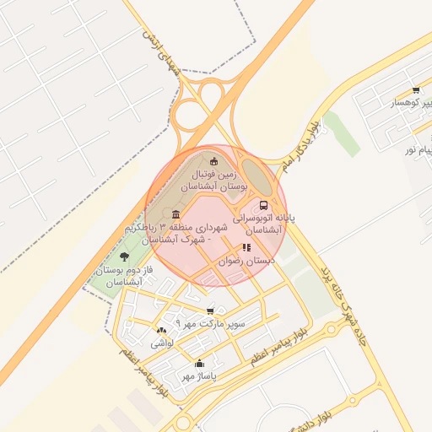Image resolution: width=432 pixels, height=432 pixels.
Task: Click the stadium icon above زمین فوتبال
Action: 213,160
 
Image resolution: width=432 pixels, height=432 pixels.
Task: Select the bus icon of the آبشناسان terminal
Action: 264,204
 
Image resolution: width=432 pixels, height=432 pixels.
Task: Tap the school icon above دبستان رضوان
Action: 246,247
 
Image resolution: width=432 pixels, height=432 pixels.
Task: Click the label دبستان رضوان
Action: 247,262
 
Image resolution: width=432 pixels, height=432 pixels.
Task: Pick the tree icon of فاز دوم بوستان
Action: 125,256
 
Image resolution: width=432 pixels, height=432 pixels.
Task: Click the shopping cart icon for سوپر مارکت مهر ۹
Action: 210,310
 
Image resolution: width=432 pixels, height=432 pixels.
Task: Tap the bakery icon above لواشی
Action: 161,330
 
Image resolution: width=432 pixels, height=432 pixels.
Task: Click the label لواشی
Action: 161,344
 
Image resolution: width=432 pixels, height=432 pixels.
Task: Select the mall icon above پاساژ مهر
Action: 199,364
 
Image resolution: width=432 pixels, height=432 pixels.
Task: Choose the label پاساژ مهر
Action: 200,376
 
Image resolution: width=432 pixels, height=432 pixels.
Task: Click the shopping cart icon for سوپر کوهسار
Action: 416,90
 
